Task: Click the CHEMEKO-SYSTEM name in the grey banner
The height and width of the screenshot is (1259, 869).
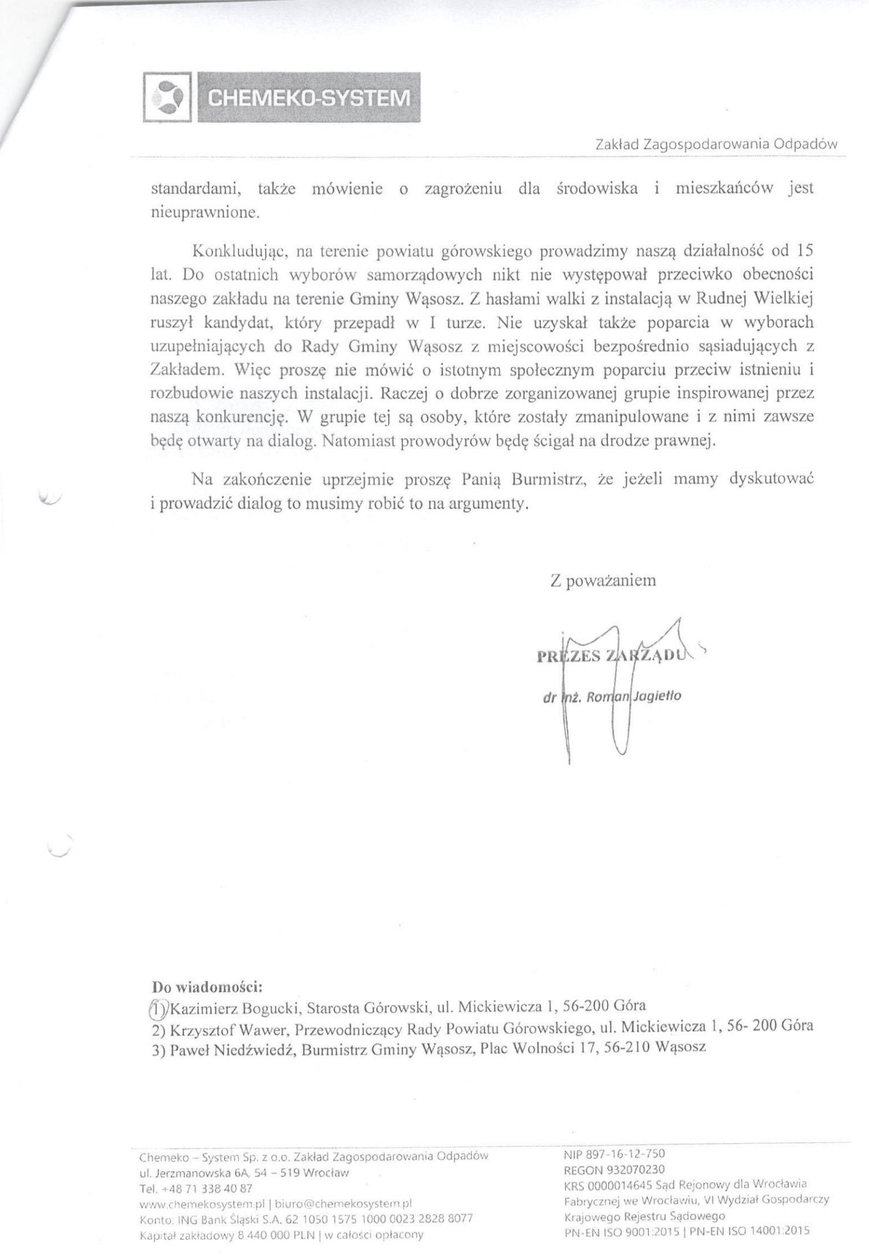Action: [x=308, y=97]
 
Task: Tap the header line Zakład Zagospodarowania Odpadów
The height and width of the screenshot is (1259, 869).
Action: [x=716, y=145]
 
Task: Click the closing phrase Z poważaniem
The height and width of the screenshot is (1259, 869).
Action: [x=603, y=580]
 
